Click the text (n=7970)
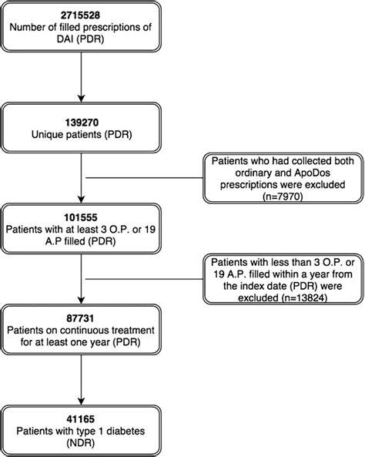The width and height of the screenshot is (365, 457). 281,197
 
